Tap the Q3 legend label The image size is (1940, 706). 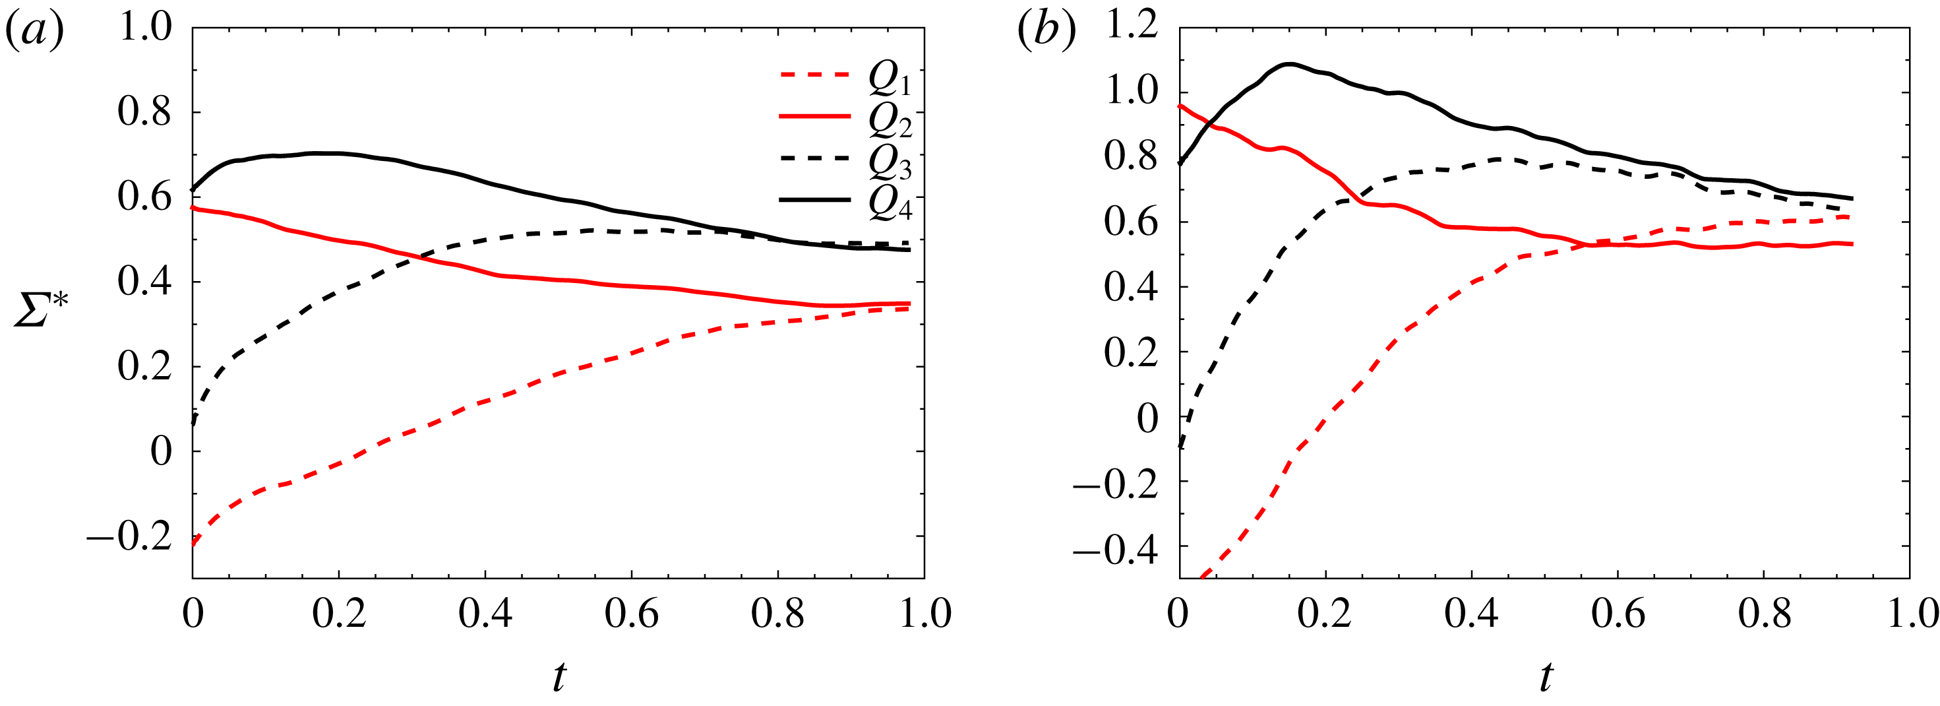point(890,161)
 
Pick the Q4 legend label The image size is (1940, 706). point(890,202)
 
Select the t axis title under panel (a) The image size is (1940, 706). point(558,676)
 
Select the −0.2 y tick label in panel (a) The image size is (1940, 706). point(129,537)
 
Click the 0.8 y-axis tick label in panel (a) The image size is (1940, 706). point(144,112)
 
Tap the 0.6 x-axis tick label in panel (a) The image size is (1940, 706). point(631,614)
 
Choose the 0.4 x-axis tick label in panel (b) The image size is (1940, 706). point(1470,614)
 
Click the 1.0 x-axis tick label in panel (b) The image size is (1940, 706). point(1912,614)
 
